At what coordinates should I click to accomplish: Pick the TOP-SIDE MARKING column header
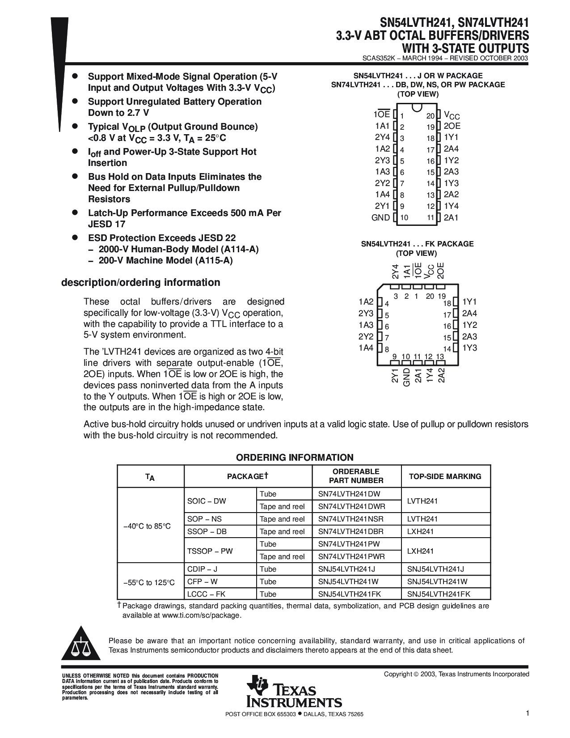[x=445, y=476]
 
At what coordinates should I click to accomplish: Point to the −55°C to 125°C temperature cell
[x=149, y=582]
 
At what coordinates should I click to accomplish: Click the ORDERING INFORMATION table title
[x=295, y=457]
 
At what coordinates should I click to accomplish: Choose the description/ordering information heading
[x=140, y=282]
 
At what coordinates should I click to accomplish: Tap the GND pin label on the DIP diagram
[x=380, y=218]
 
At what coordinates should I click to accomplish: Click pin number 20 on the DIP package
[x=430, y=116]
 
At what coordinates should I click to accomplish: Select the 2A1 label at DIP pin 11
[x=451, y=218]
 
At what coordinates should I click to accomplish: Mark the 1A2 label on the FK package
[x=366, y=301]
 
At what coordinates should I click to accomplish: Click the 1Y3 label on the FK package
[x=469, y=348]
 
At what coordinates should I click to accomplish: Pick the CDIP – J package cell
[x=203, y=569]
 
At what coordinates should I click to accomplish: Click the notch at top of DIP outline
[x=417, y=107]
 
